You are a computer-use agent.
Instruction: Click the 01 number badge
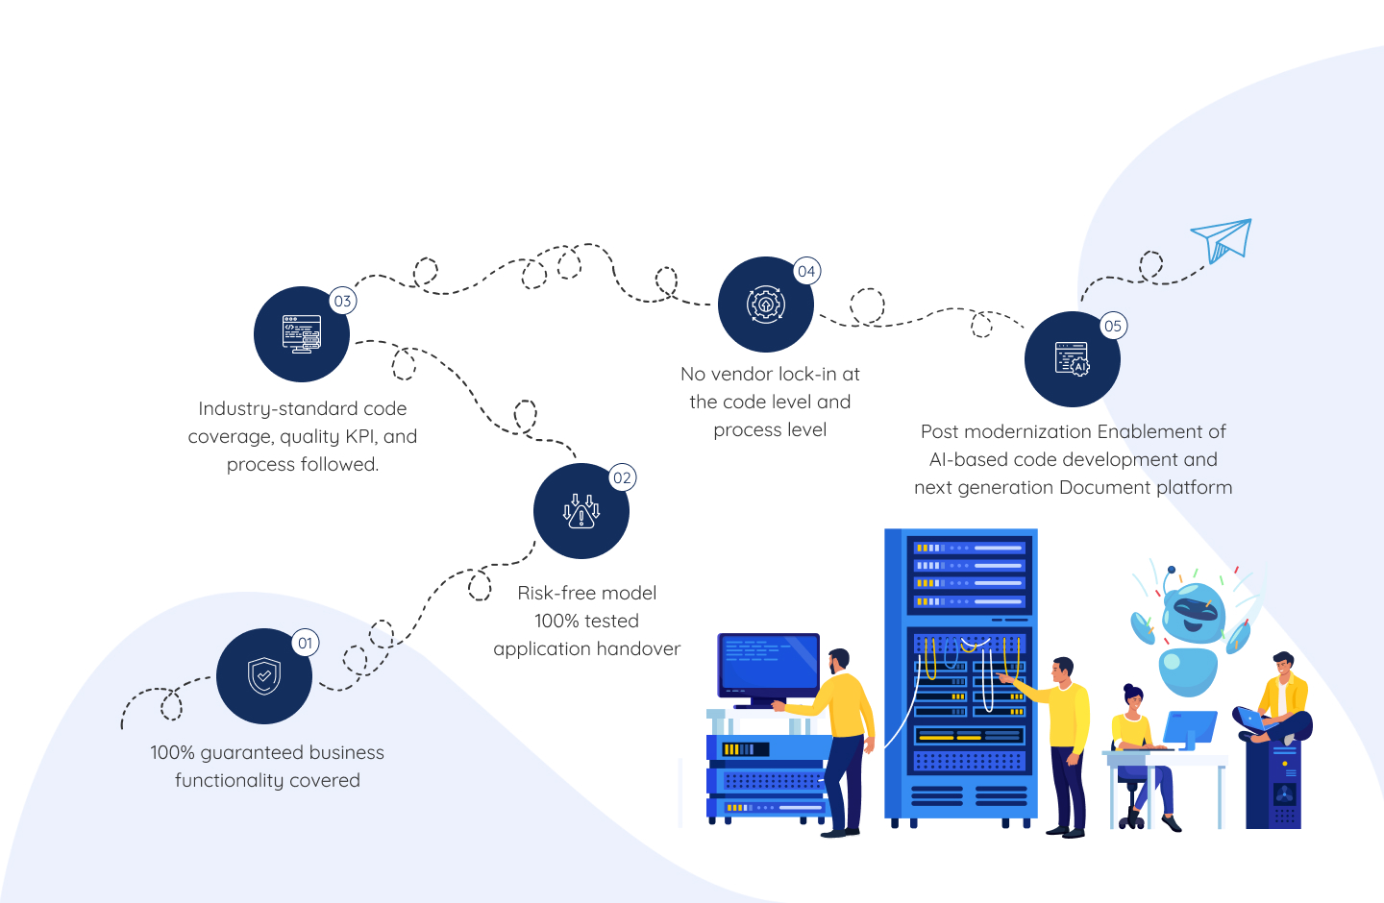(306, 643)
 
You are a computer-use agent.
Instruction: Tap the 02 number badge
(622, 477)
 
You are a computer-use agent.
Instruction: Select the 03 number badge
(342, 301)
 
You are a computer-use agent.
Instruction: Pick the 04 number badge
(806, 271)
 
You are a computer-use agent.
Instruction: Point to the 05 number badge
(1113, 326)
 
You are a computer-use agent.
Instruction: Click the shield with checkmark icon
(264, 675)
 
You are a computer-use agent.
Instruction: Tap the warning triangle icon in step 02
(581, 511)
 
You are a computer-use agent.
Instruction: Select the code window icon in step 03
(302, 334)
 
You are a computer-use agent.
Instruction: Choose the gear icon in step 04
(765, 305)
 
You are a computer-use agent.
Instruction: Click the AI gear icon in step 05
(1073, 359)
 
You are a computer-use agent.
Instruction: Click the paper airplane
(1222, 240)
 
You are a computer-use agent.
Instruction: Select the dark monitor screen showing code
(769, 665)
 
